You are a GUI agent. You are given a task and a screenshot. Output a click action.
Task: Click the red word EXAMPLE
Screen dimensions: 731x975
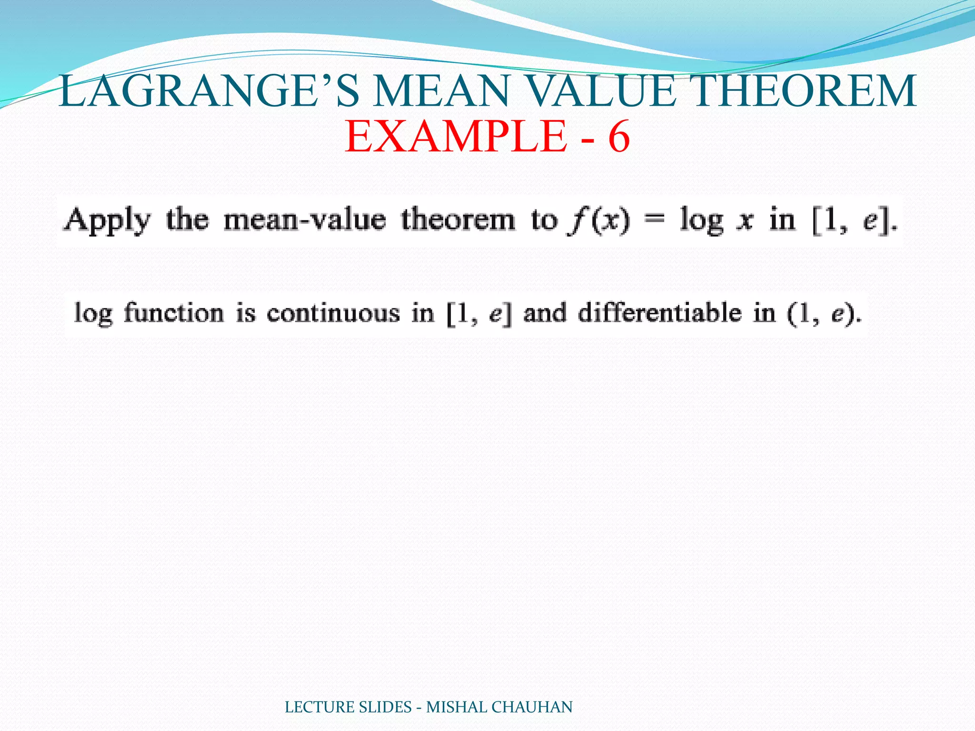[x=456, y=137]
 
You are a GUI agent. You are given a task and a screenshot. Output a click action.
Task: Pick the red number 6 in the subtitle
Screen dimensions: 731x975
[x=619, y=137]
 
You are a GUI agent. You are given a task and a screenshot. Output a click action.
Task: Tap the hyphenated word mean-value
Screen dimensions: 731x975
[x=305, y=220]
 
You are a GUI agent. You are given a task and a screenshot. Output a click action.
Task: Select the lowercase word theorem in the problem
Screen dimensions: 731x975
[x=458, y=220]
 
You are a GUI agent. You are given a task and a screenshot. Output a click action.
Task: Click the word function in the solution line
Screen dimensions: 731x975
[x=174, y=314]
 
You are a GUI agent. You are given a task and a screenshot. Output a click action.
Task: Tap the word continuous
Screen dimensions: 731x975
[x=333, y=314]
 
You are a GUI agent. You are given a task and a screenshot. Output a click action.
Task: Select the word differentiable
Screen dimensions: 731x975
[x=660, y=314]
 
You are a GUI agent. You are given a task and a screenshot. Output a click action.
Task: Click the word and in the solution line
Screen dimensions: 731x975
[x=545, y=314]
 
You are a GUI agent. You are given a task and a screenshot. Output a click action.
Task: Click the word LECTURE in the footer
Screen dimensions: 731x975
[x=320, y=707]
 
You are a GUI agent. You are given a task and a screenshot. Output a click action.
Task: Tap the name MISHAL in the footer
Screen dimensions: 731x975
[x=457, y=707]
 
